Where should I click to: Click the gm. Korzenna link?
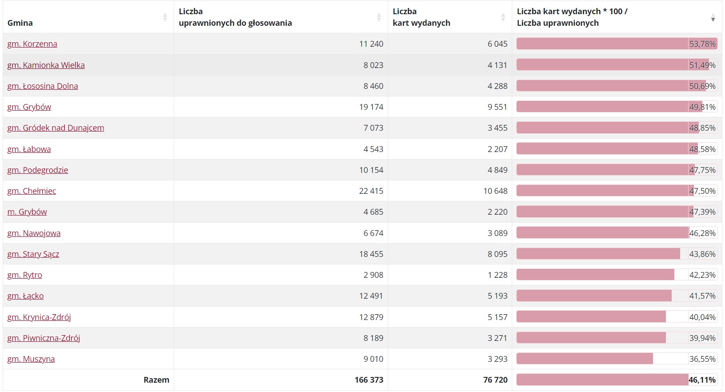pos(32,44)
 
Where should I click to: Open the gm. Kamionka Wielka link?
pos(46,65)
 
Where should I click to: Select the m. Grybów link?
pos(27,212)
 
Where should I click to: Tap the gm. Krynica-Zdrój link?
pos(39,317)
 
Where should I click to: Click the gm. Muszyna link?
pos(31,359)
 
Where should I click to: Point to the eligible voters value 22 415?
pos(371,191)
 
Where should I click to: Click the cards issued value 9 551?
pos(498,107)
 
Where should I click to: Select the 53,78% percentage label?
pos(702,44)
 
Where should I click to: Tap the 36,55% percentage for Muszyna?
pos(702,359)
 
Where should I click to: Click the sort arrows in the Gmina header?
pos(165,17)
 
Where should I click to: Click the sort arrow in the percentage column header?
pos(713,17)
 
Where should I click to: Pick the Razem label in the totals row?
pos(156,380)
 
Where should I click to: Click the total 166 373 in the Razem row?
pos(369,380)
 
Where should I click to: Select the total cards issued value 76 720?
pos(495,380)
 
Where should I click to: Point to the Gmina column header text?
pos(20,23)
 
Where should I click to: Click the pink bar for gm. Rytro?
pos(595,275)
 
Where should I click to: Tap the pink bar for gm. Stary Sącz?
pos(598,254)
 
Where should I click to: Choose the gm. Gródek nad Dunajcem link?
pos(56,128)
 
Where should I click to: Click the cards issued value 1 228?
pos(498,275)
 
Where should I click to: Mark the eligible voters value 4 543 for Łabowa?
pos(373,149)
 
